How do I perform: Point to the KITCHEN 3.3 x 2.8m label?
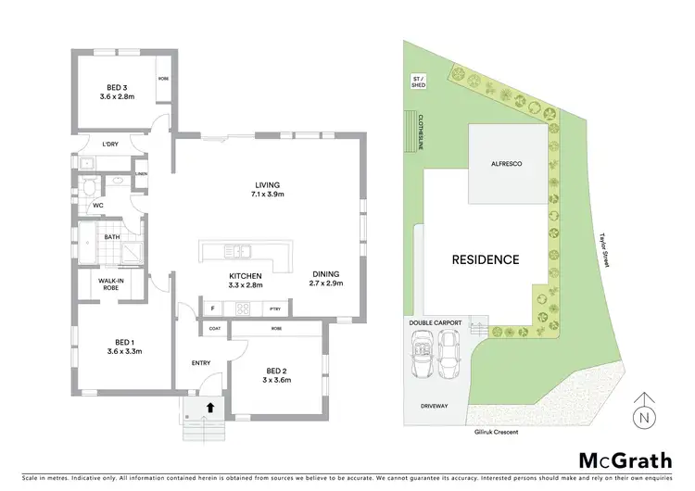click(x=246, y=282)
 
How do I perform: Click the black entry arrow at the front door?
click(x=209, y=406)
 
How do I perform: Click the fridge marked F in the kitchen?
click(x=212, y=308)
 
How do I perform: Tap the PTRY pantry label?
click(x=275, y=308)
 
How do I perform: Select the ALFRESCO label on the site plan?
click(x=507, y=163)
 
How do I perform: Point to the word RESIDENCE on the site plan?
click(x=485, y=259)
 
